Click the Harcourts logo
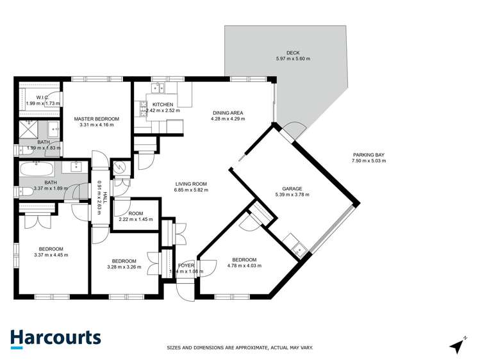click(x=55, y=338)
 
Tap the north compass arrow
click(x=457, y=345)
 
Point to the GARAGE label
click(x=288, y=188)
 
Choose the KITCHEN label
click(x=163, y=104)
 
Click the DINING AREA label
click(x=228, y=113)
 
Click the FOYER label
click(x=186, y=265)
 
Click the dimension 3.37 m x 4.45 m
click(x=51, y=255)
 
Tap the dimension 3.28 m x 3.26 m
click(x=124, y=266)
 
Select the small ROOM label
click(x=135, y=214)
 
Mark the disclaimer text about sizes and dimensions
click(x=240, y=348)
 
